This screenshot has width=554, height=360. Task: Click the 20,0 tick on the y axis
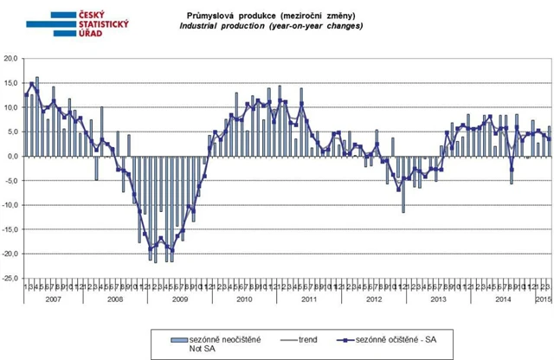[x=11, y=59]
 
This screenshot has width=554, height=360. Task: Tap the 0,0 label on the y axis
[x=13, y=157]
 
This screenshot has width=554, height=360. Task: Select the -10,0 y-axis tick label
[x=10, y=205]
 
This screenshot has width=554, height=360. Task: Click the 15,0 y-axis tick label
[x=11, y=83]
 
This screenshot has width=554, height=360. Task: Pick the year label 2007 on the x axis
[x=52, y=299]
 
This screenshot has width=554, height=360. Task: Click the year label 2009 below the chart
[x=177, y=299]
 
